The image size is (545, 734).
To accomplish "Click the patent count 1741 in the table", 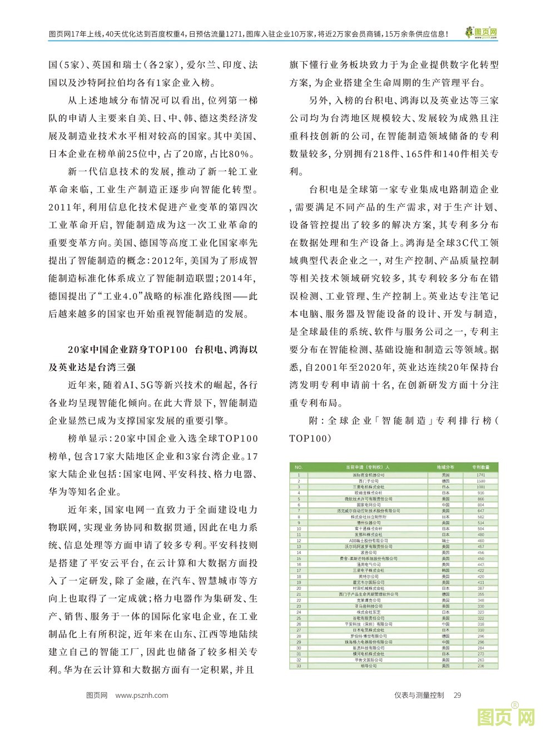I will pyautogui.click(x=480, y=475).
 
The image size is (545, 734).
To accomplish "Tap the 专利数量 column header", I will pyautogui.click(x=480, y=468).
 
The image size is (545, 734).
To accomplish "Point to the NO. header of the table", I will pyautogui.click(x=299, y=468).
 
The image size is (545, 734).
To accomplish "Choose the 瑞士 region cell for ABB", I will pyautogui.click(x=445, y=540).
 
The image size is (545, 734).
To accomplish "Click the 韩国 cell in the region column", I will pyautogui.click(x=445, y=571).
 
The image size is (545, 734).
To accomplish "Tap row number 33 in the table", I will pyautogui.click(x=299, y=666).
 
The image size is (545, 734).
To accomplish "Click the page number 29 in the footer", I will pyautogui.click(x=458, y=695).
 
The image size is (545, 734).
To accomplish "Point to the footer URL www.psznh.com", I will pyautogui.click(x=142, y=695).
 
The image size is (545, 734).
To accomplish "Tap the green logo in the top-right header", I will pyautogui.click(x=482, y=33).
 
